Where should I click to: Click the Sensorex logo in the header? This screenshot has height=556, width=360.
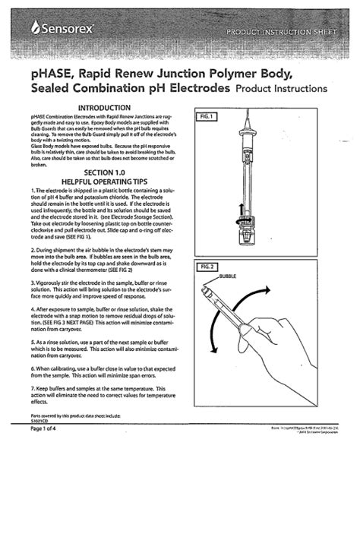point(62,30)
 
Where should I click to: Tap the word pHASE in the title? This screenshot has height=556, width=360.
point(52,73)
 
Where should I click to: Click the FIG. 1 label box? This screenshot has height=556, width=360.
point(207,116)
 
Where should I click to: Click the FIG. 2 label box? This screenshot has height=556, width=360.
point(207,267)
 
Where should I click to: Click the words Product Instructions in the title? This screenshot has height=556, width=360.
point(282,89)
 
